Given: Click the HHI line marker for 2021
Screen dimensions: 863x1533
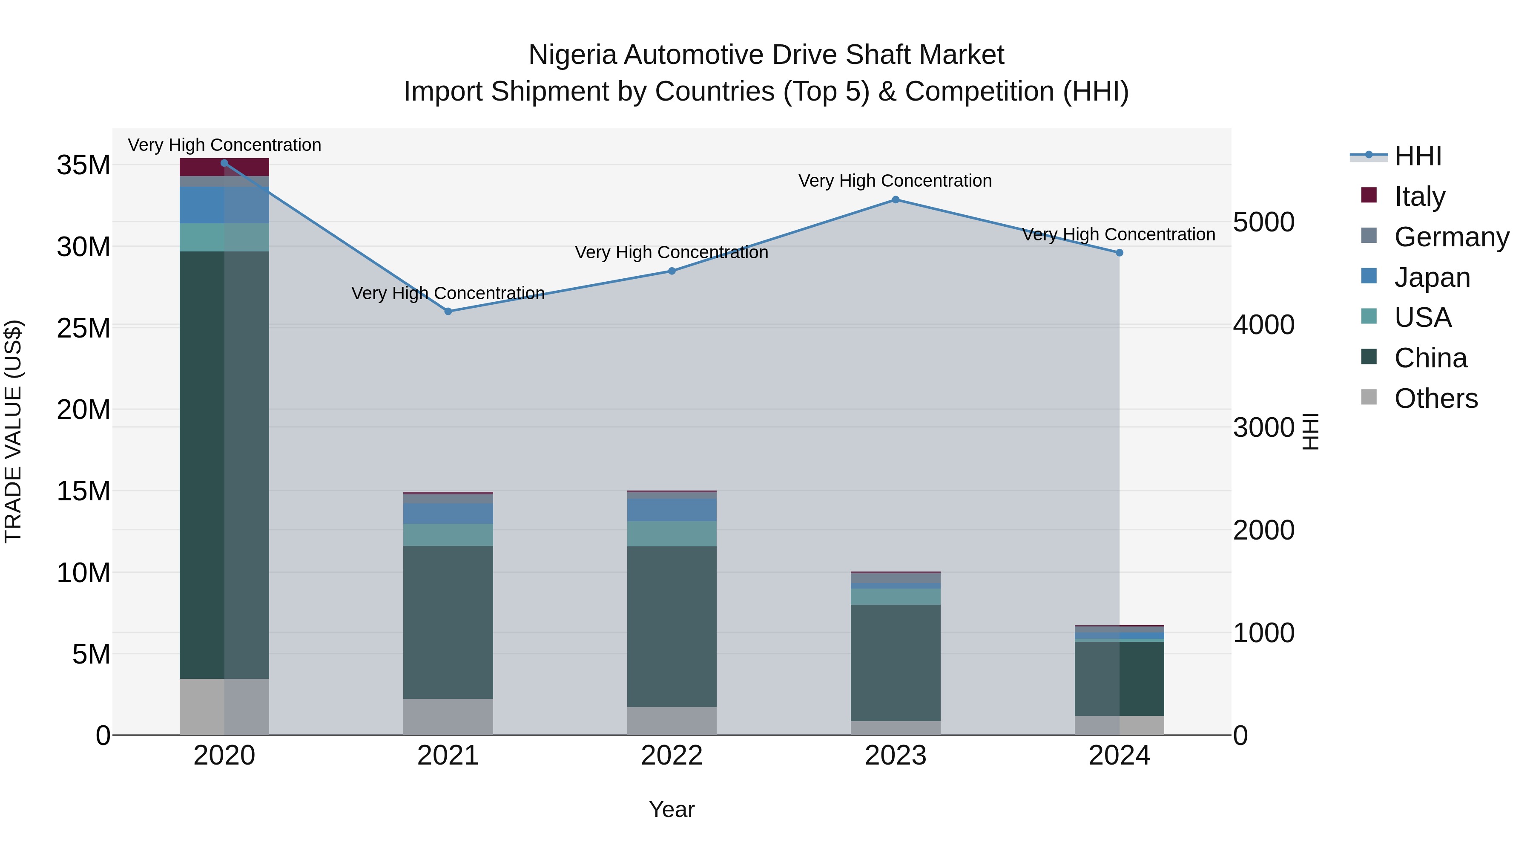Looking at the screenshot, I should [448, 312].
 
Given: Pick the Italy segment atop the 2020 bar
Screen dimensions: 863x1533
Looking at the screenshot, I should [224, 168].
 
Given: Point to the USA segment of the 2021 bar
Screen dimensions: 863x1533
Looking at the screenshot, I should [448, 535].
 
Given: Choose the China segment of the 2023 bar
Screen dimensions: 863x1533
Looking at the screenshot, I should [895, 662].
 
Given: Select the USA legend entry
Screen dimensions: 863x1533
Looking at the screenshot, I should [1422, 317].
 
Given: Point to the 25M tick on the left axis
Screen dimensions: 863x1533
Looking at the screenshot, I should [83, 328].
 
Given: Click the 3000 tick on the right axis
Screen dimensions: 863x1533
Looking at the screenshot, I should [1263, 427].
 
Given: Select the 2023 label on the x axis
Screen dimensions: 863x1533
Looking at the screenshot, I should [895, 756].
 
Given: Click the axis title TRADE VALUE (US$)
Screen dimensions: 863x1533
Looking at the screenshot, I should [13, 431].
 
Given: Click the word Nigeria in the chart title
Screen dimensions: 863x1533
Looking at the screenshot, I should [572, 55].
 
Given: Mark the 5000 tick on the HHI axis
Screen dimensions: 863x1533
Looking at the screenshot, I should [1263, 222].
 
